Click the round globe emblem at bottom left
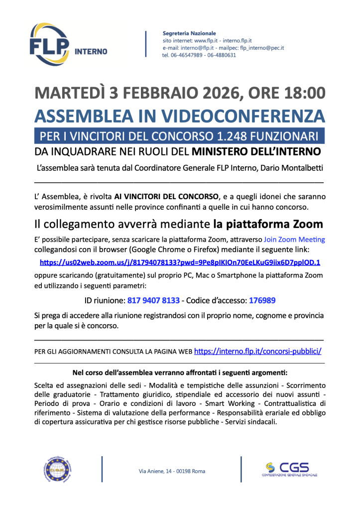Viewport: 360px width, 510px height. point(58,470)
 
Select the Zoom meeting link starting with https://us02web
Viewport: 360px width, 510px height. point(180,262)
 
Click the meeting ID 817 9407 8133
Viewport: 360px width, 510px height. point(153,301)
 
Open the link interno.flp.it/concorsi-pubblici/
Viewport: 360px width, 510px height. point(257,351)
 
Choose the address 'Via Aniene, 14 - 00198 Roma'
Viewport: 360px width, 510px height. point(172,471)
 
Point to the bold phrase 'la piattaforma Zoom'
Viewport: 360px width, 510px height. point(268,224)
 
